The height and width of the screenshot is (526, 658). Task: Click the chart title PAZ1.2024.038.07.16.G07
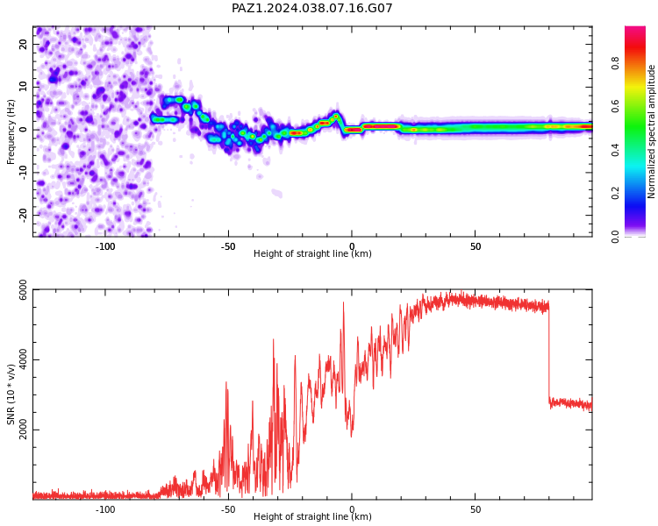[x=311, y=8]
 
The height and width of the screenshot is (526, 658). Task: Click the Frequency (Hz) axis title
[x=11, y=131]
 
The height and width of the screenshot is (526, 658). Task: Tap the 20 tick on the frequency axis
[x=24, y=44]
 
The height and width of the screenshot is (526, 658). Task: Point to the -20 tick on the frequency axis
[x=24, y=215]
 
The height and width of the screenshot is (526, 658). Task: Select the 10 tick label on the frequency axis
[x=24, y=87]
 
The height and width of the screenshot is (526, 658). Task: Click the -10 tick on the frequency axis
[x=24, y=173]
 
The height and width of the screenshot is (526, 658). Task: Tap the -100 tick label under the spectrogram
[x=105, y=246]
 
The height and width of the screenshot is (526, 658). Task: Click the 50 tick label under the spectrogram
[x=476, y=246]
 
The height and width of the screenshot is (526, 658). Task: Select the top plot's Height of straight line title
[x=312, y=253]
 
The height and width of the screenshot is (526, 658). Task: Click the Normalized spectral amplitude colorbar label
[x=651, y=131]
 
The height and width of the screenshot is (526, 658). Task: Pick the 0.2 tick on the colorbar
[x=615, y=194]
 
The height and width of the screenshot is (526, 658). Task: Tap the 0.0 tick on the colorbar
[x=615, y=237]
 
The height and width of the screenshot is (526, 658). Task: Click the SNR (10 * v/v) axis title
[x=11, y=394]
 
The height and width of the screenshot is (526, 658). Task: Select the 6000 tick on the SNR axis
[x=24, y=290]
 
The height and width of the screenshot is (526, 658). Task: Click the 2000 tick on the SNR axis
[x=24, y=430]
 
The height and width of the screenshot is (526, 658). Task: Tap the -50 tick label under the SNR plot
[x=228, y=509]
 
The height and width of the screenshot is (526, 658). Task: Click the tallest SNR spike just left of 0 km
[x=343, y=302]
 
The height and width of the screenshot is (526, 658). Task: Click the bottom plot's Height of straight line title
[x=312, y=516]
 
